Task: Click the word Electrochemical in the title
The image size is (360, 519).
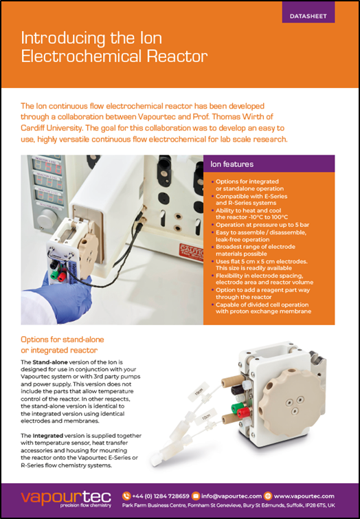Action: point(82,56)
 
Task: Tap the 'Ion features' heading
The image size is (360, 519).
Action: point(232,164)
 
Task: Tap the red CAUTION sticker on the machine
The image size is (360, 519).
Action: point(191,252)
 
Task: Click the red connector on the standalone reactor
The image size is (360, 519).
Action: point(243,412)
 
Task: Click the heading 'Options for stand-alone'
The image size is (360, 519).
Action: point(63,340)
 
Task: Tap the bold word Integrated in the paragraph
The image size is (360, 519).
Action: point(47,436)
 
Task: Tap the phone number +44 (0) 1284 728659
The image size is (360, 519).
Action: point(161,496)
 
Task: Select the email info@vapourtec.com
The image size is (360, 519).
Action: point(232,496)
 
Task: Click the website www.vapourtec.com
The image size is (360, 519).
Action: point(304,496)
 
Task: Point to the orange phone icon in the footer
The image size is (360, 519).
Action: point(126,496)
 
